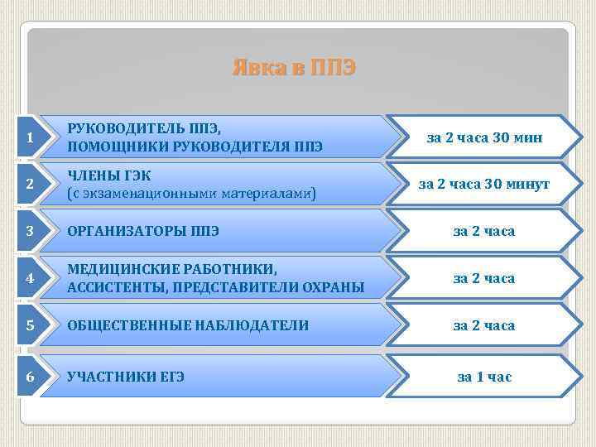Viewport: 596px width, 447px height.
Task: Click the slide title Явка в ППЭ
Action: (x=294, y=68)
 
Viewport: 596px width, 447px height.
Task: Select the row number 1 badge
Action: (x=30, y=137)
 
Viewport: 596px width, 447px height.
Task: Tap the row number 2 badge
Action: (x=30, y=185)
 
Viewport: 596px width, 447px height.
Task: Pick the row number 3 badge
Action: (x=30, y=231)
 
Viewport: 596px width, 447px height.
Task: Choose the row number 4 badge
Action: (x=30, y=278)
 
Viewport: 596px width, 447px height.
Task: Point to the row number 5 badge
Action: (x=30, y=325)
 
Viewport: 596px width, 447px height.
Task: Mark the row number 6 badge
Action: (x=30, y=377)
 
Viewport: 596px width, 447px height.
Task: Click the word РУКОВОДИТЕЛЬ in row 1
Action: (x=117, y=129)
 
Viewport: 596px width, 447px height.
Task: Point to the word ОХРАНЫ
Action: (x=334, y=287)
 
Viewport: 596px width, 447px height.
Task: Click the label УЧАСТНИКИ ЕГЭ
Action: (x=125, y=377)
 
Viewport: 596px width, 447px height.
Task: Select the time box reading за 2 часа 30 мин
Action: (x=484, y=137)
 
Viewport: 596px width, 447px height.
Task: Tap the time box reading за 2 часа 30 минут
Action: (x=484, y=185)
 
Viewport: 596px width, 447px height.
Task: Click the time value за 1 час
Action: (x=484, y=377)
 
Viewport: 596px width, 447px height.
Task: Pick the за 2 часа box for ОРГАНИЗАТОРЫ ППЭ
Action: (x=484, y=231)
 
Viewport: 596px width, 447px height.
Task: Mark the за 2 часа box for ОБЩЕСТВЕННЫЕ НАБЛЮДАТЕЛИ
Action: (x=484, y=325)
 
